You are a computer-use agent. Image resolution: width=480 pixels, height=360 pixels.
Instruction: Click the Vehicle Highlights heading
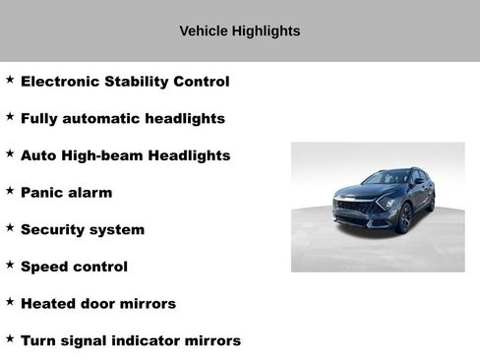[240, 30]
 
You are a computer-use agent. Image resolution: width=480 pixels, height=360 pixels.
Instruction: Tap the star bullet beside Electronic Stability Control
[10, 79]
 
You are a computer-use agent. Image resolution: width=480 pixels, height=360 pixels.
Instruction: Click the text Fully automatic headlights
[123, 119]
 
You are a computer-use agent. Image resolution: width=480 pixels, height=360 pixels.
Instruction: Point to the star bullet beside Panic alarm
[10, 190]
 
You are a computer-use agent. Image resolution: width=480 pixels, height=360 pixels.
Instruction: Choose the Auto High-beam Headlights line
[125, 155]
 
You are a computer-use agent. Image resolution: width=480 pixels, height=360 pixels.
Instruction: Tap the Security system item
[83, 230]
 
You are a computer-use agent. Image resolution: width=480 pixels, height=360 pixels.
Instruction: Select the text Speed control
[74, 267]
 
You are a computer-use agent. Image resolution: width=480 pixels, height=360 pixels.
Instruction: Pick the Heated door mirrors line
[98, 304]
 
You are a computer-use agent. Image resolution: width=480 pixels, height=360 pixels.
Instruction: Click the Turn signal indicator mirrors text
[131, 340]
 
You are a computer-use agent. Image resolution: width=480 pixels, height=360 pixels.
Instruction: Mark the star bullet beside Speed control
[10, 264]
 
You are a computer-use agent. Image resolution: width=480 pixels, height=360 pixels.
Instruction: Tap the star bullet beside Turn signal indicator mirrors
[10, 337]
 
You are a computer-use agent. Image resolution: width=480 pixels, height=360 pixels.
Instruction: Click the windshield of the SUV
[385, 179]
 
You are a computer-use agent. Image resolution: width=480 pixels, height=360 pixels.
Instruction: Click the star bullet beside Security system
[10, 226]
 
